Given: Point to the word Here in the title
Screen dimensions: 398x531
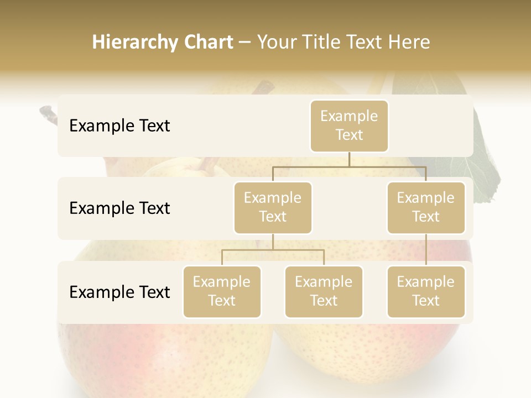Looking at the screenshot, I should tap(409, 42).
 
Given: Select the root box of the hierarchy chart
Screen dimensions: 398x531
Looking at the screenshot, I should tap(349, 125).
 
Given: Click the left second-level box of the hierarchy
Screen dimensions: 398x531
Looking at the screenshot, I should tap(273, 207).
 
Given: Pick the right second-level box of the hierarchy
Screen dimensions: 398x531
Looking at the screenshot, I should tap(426, 207).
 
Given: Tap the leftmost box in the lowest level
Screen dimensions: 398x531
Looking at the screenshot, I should tap(222, 291).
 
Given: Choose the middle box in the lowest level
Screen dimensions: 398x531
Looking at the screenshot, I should tap(324, 291).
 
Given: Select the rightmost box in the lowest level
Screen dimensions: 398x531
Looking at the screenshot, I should tap(426, 291).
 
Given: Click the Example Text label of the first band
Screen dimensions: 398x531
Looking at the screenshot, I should tap(119, 126).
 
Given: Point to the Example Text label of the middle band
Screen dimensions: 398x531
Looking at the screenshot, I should tap(119, 208).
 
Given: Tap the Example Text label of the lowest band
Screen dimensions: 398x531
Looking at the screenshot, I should tap(119, 292).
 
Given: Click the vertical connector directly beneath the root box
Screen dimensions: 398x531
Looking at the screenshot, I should tap(349, 159).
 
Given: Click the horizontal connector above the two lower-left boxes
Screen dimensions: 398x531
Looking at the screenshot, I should tap(273, 250).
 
